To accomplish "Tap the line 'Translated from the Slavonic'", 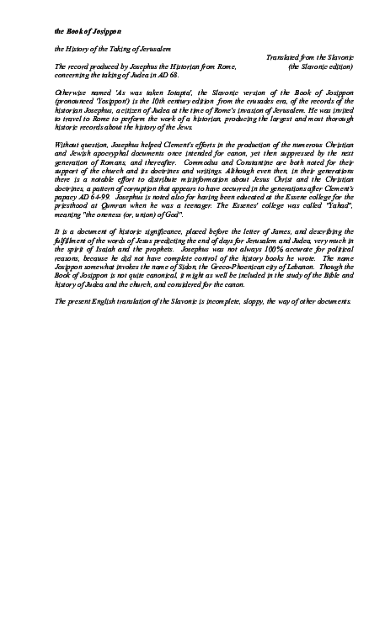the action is coord(309,58).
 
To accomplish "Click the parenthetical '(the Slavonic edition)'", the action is coord(320,66).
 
